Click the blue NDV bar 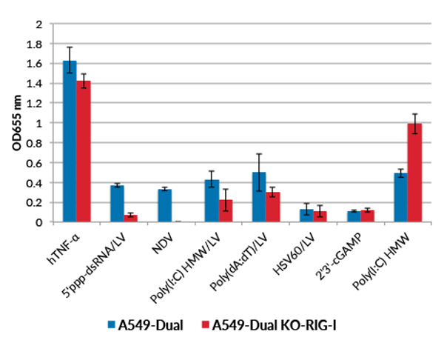(165, 205)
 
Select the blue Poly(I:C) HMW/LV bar (212, 201)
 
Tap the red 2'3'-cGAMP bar (368, 216)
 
